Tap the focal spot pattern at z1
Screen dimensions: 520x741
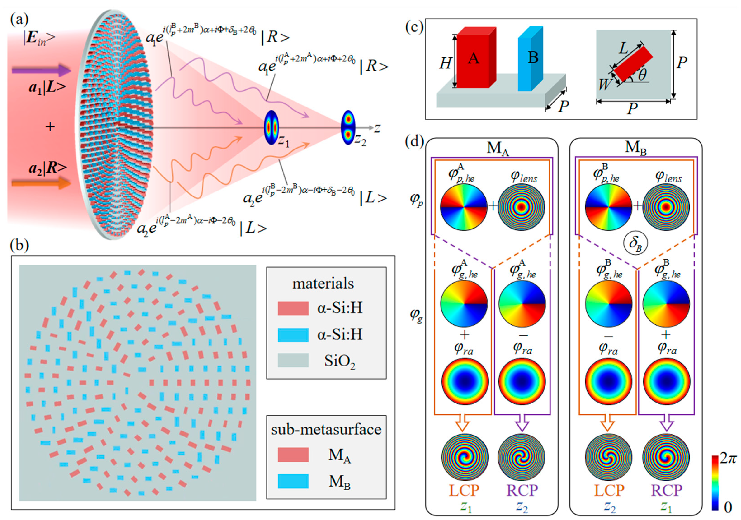pos(271,127)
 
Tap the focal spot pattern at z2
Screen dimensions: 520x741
pos(348,127)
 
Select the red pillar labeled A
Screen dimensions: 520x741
pos(473,58)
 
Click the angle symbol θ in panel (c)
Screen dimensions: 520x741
pos(642,75)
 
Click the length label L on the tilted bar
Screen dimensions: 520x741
pos(623,48)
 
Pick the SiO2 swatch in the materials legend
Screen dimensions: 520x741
pos(293,360)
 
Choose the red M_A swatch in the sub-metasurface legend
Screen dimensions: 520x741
pos(293,455)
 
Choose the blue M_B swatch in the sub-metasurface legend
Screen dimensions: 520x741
pos(293,481)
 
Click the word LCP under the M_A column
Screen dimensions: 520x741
pos(464,491)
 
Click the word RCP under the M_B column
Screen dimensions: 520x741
pos(666,491)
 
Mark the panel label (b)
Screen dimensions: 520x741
pos(20,246)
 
